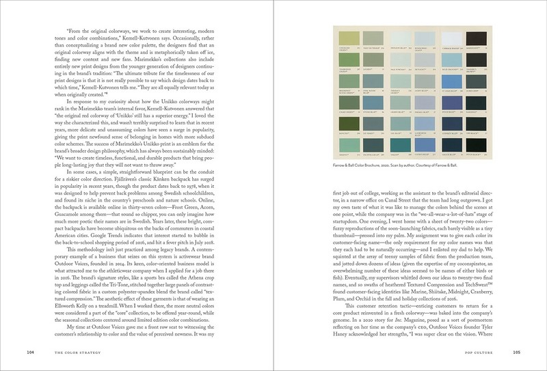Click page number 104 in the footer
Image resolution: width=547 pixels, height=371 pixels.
(30, 352)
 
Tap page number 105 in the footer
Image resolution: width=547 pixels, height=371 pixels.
(516, 352)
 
